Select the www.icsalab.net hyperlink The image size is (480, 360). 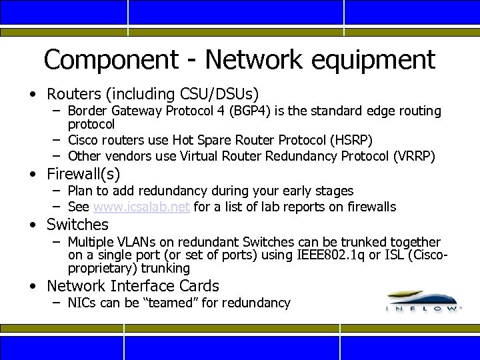tap(143, 207)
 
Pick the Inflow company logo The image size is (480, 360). tap(423, 301)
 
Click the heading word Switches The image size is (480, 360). tap(77, 225)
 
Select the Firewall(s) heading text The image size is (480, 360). tap(83, 174)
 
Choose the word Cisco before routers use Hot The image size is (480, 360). tap(85, 140)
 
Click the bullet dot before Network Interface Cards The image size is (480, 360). tap(33, 287)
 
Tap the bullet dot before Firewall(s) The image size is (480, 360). tap(33, 175)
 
